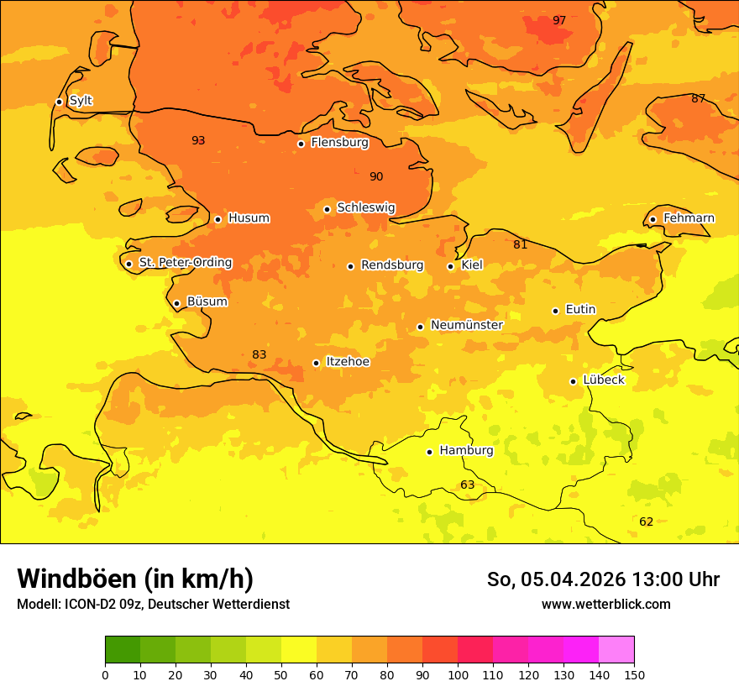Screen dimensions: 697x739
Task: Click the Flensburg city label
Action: coord(339,143)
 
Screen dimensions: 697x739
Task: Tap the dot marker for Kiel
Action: coord(451,266)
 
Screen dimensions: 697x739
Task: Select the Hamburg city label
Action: coord(466,451)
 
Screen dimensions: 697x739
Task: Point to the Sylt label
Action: coord(81,101)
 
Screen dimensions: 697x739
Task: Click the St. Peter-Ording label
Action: coord(185,263)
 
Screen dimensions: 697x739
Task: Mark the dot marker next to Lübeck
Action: coord(574,381)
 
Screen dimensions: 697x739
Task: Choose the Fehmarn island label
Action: coord(689,218)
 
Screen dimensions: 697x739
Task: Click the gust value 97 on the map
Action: coord(559,20)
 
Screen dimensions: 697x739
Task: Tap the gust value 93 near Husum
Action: coord(198,140)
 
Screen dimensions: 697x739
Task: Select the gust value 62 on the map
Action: coord(646,521)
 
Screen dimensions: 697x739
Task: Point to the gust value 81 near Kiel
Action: coord(521,244)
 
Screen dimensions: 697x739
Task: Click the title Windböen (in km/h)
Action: coord(135,579)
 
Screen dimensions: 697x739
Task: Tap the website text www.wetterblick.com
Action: coord(605,604)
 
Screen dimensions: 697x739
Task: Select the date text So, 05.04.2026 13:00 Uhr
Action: coord(603,579)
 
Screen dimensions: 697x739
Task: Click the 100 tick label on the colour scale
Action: coord(458,674)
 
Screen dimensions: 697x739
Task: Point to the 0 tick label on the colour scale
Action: coord(105,674)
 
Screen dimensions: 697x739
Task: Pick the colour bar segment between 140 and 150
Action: coord(616,650)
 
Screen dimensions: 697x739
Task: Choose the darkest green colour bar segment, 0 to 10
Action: coord(123,650)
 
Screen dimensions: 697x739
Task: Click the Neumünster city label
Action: coord(466,325)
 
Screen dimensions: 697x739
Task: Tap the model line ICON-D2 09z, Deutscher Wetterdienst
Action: coord(153,604)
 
